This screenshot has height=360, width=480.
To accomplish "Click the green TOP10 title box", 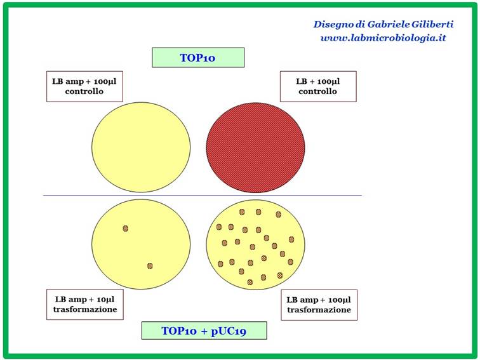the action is click(x=198, y=57).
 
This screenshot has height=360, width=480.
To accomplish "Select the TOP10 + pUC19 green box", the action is click(x=204, y=330).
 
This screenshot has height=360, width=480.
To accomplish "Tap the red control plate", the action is click(x=255, y=147).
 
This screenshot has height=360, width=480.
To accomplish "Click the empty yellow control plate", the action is click(x=141, y=147).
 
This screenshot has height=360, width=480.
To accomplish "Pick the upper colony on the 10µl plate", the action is click(x=125, y=229).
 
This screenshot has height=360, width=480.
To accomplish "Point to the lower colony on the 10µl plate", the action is click(x=150, y=265).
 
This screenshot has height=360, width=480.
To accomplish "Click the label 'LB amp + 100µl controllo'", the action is click(x=84, y=86).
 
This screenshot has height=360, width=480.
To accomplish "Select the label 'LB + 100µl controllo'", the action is click(x=318, y=86).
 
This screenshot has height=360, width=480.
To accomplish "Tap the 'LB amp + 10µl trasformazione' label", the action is click(x=85, y=304).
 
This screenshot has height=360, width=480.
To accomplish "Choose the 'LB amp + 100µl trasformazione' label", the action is click(x=319, y=305).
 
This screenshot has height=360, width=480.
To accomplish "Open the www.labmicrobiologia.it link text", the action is click(x=383, y=38).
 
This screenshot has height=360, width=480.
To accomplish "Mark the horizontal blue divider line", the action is click(x=203, y=196).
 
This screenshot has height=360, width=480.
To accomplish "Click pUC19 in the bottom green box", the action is click(x=229, y=331).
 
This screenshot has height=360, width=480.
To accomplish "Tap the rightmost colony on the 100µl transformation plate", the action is click(x=291, y=239).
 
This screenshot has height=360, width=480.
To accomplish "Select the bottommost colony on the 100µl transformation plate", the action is click(x=250, y=282).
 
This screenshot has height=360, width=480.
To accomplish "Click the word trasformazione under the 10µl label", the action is click(x=85, y=309).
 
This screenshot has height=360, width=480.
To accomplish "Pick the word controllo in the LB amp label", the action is click(x=84, y=91).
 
